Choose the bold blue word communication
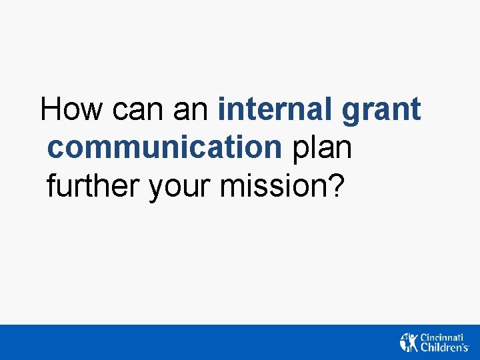tap(165, 147)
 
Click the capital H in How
tap(51, 109)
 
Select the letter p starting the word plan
tap(299, 150)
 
